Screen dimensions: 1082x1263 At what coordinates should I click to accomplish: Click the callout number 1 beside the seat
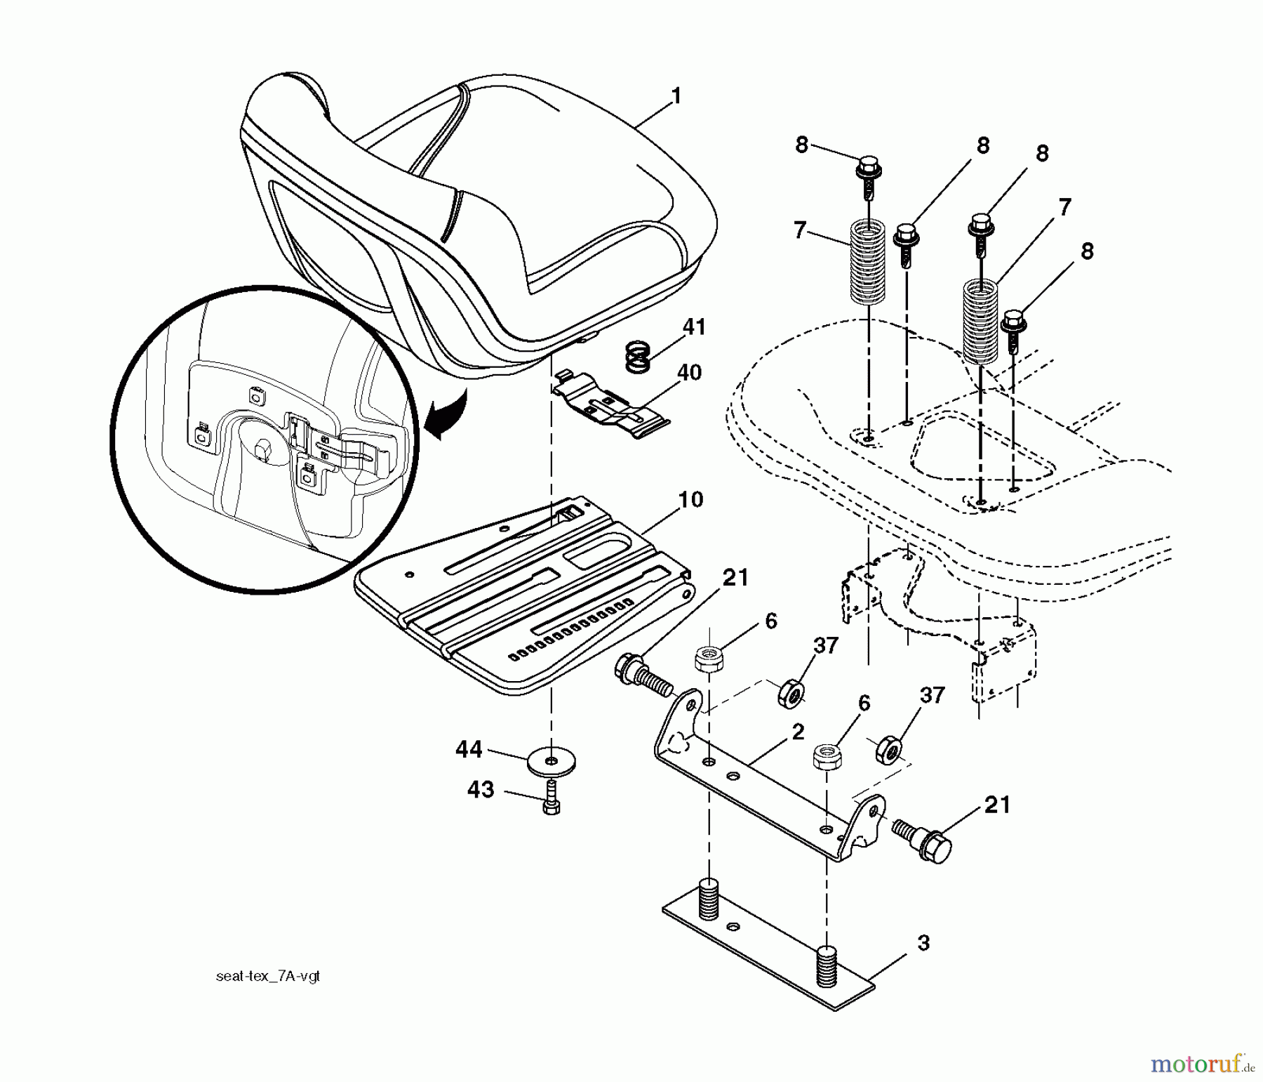[676, 96]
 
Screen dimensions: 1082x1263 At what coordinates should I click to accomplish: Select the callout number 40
[689, 372]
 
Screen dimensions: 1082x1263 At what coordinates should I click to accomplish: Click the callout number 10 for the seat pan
[690, 500]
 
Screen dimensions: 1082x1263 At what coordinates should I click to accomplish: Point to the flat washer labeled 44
[551, 760]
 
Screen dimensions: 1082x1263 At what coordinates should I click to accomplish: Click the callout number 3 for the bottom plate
[923, 943]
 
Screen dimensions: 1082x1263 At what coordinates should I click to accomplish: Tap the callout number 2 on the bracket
[798, 731]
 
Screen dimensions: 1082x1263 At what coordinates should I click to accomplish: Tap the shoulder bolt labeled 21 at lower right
[921, 834]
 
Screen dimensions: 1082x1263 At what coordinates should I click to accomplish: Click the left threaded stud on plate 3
[709, 898]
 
